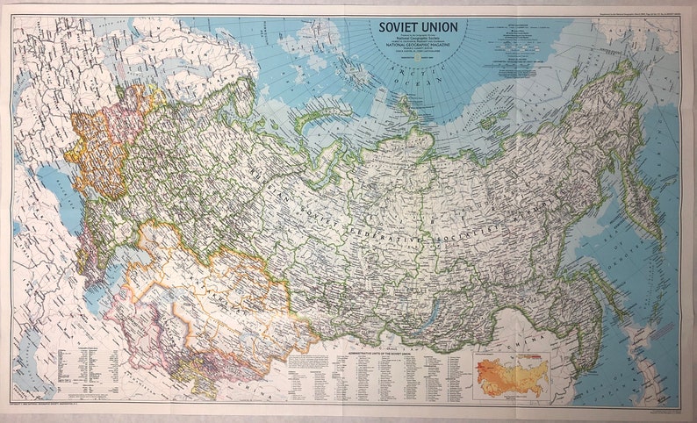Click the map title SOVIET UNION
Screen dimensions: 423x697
418,26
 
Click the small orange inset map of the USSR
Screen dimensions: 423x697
511,376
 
